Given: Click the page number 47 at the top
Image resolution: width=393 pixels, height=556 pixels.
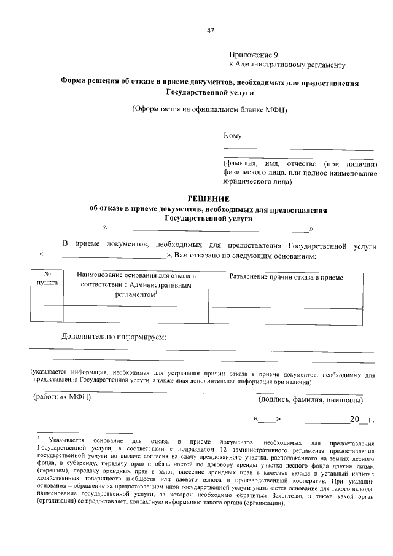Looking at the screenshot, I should [x=211, y=31].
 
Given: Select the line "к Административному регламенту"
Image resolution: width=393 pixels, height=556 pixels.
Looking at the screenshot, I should [x=287, y=64].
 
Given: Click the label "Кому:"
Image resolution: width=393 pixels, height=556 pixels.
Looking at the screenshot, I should [x=233, y=136].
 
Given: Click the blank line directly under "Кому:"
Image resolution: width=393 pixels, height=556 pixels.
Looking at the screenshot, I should [x=298, y=149].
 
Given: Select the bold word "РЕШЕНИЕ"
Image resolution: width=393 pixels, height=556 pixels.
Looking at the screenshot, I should [x=209, y=199].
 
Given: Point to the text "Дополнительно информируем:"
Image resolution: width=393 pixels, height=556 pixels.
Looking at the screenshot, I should [x=114, y=336].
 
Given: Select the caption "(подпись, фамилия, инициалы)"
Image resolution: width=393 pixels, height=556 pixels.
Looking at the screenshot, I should [x=309, y=401].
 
